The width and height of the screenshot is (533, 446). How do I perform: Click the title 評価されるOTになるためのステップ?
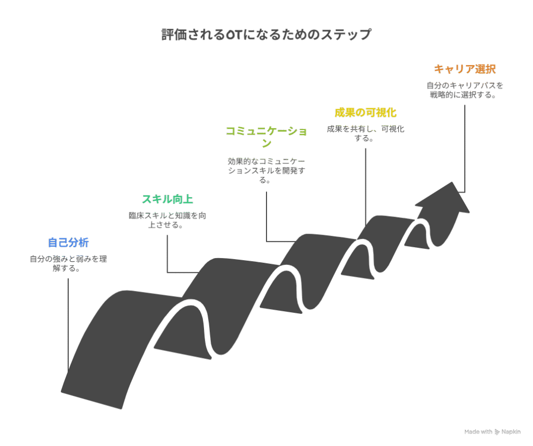pyautogui.click(x=266, y=35)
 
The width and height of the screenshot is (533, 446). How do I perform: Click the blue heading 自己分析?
pyautogui.click(x=68, y=243)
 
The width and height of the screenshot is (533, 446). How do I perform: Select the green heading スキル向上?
pyautogui.click(x=168, y=199)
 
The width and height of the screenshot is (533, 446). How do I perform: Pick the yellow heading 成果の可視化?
pyautogui.click(x=365, y=112)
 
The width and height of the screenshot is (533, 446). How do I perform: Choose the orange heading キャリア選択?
pyautogui.click(x=464, y=69)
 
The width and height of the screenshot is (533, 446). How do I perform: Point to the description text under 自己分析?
pyautogui.click(x=68, y=263)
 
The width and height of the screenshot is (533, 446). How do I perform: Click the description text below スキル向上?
pyautogui.click(x=168, y=220)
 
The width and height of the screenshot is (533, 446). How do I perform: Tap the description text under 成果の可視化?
pyautogui.click(x=365, y=133)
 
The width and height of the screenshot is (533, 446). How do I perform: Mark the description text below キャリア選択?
pyautogui.click(x=464, y=90)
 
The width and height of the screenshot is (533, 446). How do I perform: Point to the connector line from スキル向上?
pyautogui.click(x=167, y=255)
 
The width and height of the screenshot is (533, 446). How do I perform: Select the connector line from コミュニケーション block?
pyautogui.click(x=266, y=219)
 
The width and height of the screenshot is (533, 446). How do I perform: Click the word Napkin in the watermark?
pyautogui.click(x=511, y=432)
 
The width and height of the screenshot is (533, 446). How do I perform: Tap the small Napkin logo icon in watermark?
pyautogui.click(x=497, y=432)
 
